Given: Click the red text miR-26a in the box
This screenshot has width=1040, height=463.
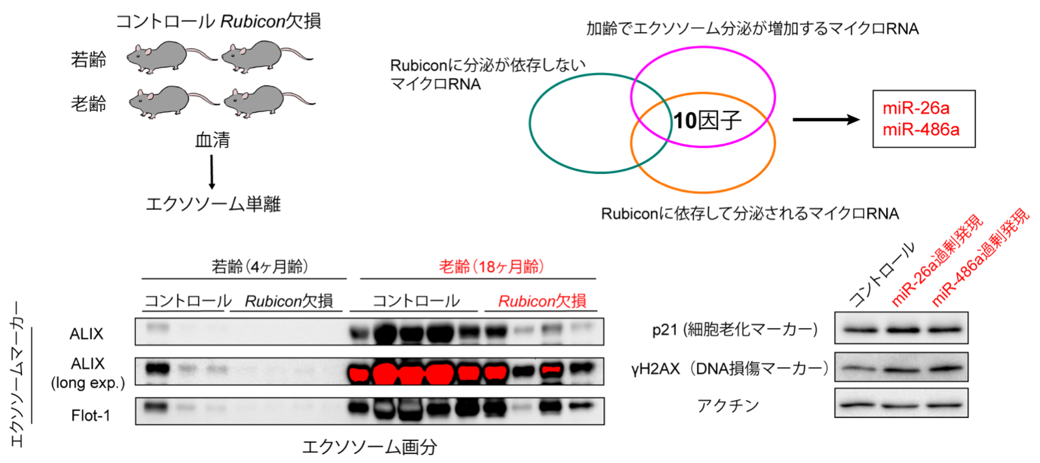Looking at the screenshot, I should click(915, 108).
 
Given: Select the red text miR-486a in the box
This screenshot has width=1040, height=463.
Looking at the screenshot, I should click(921, 130).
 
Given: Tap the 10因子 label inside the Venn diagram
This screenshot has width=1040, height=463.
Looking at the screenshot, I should click(707, 120).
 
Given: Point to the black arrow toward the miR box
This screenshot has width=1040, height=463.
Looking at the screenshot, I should click(825, 119).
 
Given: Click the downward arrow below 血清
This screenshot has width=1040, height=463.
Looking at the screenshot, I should click(211, 172).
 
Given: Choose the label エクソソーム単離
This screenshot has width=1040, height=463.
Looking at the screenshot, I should click(213, 204).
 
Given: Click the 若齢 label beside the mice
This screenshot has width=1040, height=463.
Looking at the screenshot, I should click(89, 60).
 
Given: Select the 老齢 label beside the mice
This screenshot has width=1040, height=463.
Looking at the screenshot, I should click(89, 104).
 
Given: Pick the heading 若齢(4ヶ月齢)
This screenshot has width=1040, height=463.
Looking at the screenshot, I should click(260, 266).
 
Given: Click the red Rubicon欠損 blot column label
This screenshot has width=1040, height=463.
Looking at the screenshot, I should click(542, 301).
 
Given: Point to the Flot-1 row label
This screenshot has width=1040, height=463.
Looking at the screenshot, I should click(91, 415).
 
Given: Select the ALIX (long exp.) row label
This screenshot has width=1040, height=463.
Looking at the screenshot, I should click(88, 373).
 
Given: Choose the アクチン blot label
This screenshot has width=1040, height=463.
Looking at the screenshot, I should click(728, 406).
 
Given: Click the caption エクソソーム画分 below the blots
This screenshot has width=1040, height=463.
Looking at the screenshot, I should click(369, 447).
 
